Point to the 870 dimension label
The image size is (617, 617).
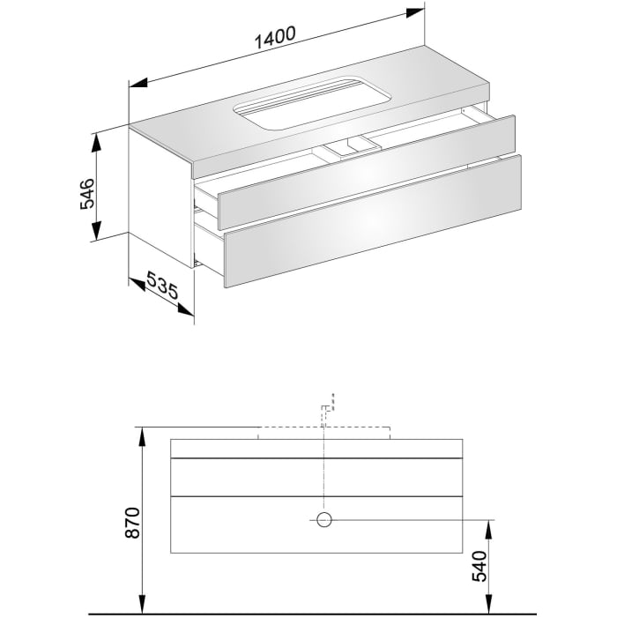tap(133, 524)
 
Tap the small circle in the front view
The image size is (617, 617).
tap(324, 520)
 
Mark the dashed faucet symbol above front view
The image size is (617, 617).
tap(328, 407)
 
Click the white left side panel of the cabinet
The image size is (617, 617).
tap(159, 194)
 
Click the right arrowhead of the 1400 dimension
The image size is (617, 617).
tap(422, 11)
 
